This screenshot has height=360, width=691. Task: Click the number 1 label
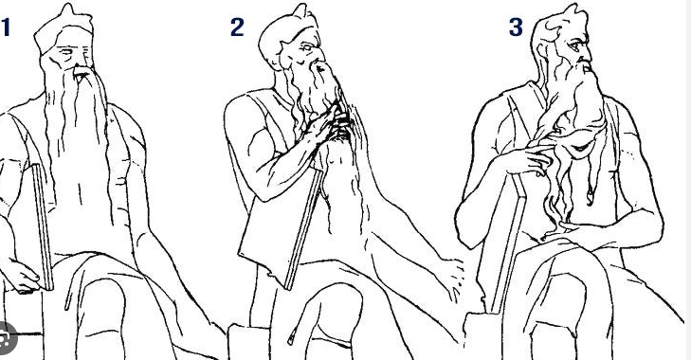[6, 27]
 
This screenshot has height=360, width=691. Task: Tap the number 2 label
[237, 27]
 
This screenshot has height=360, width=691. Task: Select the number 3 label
[516, 27]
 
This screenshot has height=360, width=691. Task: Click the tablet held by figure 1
[43, 227]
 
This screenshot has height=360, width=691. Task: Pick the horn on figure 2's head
[301, 11]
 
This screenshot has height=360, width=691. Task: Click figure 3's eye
[573, 45]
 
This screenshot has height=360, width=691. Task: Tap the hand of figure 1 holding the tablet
[22, 278]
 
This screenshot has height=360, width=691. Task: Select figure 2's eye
[307, 46]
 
